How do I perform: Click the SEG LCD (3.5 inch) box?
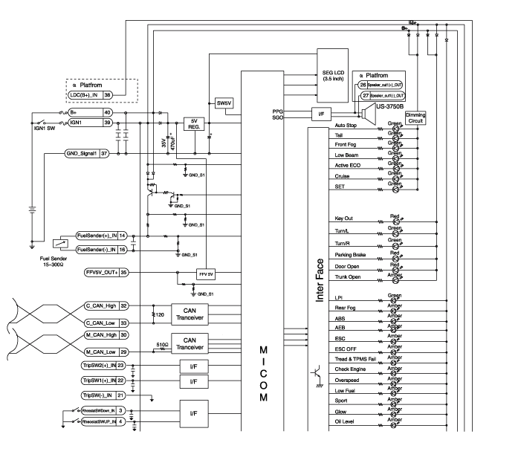click(x=332, y=76)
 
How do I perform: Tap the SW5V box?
click(x=223, y=102)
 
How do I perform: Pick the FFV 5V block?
click(x=206, y=273)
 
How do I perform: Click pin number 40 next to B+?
click(x=108, y=112)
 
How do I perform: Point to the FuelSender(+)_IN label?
click(x=96, y=236)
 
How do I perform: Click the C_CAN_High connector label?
click(x=100, y=305)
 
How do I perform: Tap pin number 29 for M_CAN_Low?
click(x=124, y=352)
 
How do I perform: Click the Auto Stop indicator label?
click(x=346, y=126)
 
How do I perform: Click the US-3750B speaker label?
click(x=389, y=107)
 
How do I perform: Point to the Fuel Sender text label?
click(x=55, y=259)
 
